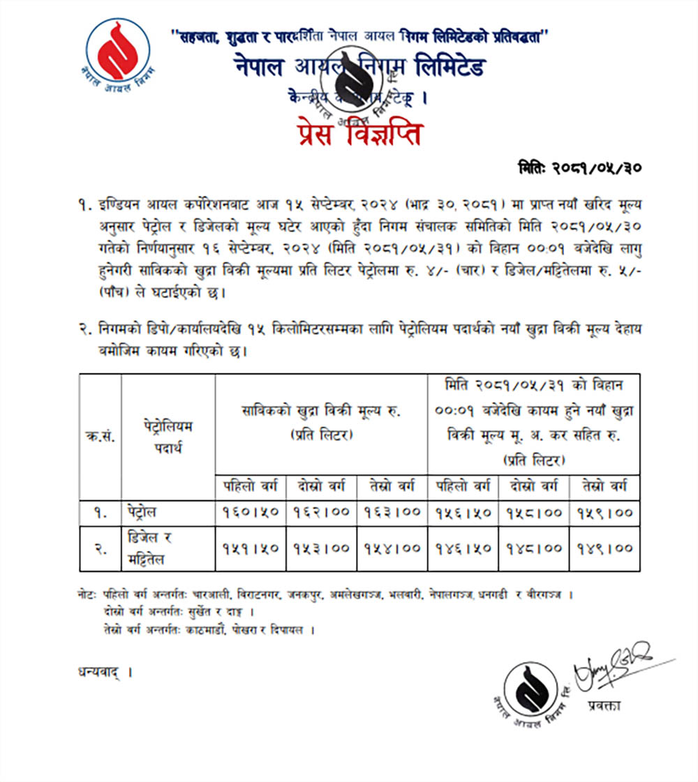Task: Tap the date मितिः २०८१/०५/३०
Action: coord(580,168)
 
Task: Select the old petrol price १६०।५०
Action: coord(251,512)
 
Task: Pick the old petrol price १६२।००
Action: coord(321,512)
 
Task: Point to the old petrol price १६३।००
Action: coord(392,512)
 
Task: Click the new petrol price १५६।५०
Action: coord(463,512)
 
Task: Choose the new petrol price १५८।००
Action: coord(534,512)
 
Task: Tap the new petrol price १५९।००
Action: coord(604,512)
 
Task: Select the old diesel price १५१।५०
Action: coord(251,548)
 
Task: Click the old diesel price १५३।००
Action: coord(321,548)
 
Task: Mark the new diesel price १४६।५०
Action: coord(463,548)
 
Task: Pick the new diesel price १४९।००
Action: coord(604,548)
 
